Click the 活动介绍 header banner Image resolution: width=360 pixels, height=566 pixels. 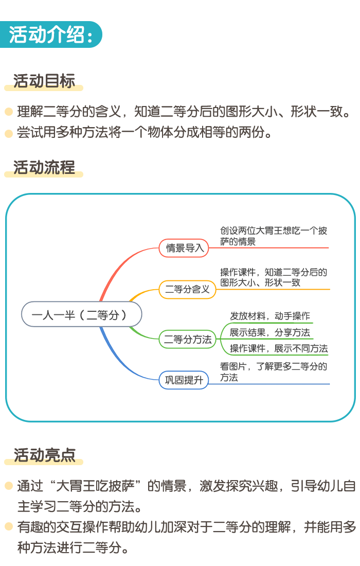pyautogui.click(x=50, y=34)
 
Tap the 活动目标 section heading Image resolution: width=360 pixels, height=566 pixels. pyautogui.click(x=44, y=81)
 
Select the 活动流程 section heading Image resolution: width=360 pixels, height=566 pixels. pyautogui.click(x=44, y=168)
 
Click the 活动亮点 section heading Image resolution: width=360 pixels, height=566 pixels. pyautogui.click(x=44, y=455)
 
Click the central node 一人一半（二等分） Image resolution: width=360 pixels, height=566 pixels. pyautogui.click(x=82, y=314)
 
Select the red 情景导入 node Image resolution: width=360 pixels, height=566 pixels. pyautogui.click(x=184, y=248)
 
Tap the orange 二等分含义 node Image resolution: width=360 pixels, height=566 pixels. pyautogui.click(x=187, y=289)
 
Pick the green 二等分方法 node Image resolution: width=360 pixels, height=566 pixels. pyautogui.click(x=188, y=339)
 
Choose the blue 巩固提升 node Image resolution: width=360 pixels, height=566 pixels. pyautogui.click(x=184, y=380)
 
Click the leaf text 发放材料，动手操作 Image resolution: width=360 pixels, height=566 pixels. pyautogui.click(x=270, y=316)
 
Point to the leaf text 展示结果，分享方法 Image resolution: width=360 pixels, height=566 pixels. pyautogui.click(x=270, y=332)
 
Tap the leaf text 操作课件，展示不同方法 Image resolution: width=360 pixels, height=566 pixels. pyautogui.click(x=279, y=348)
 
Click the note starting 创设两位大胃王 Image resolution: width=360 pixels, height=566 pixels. pyautogui.click(x=274, y=236)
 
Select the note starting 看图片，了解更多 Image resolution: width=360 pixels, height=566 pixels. pyautogui.click(x=274, y=372)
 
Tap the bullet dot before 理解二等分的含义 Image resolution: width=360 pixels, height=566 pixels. pyautogui.click(x=9, y=112)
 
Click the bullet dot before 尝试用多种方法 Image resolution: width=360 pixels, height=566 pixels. pyautogui.click(x=9, y=134)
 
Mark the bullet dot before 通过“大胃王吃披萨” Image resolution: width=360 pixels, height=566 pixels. pyautogui.click(x=9, y=486)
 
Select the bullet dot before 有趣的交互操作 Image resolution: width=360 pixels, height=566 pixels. pyautogui.click(x=9, y=527)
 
